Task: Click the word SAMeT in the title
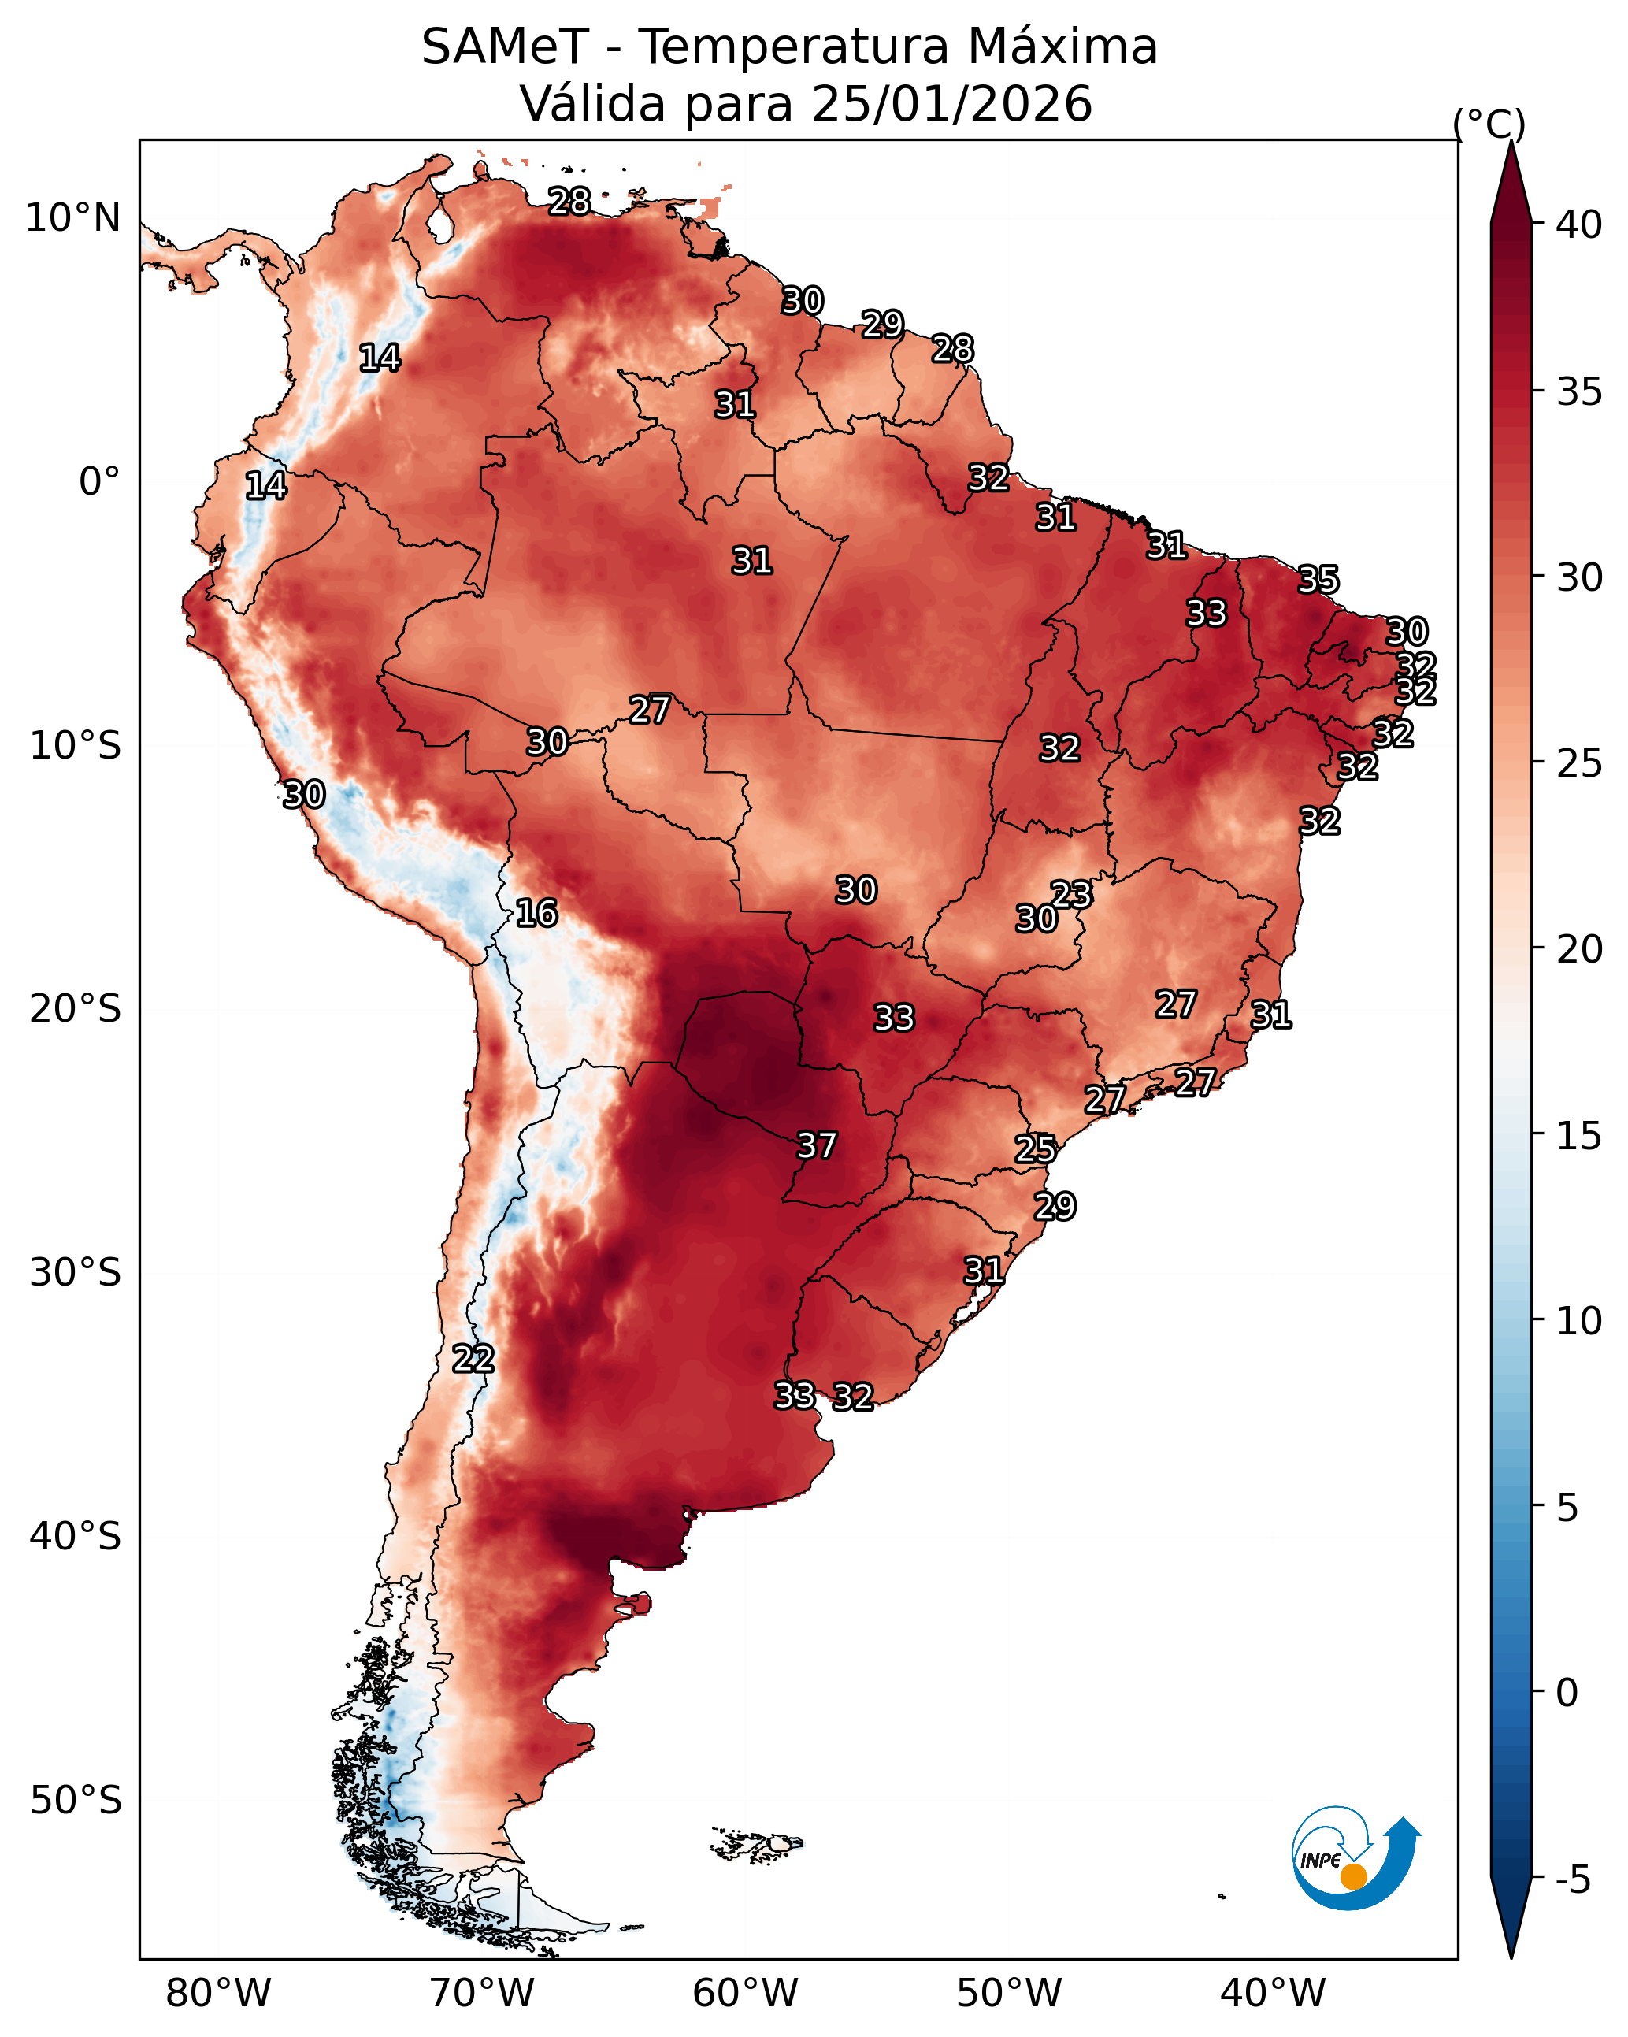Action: tap(506, 47)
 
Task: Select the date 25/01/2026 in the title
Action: tap(951, 104)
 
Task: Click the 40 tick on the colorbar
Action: tap(1579, 224)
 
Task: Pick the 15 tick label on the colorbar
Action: tap(1579, 1137)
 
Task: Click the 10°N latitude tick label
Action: tap(72, 218)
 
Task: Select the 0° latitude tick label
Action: tap(99, 482)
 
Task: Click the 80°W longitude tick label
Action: tap(218, 1994)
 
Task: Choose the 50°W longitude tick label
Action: tap(1009, 1994)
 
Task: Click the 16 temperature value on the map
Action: tap(536, 913)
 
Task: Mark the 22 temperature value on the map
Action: tap(473, 1359)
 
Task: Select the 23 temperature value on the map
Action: tap(1071, 894)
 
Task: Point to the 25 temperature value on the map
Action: tap(1036, 1149)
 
